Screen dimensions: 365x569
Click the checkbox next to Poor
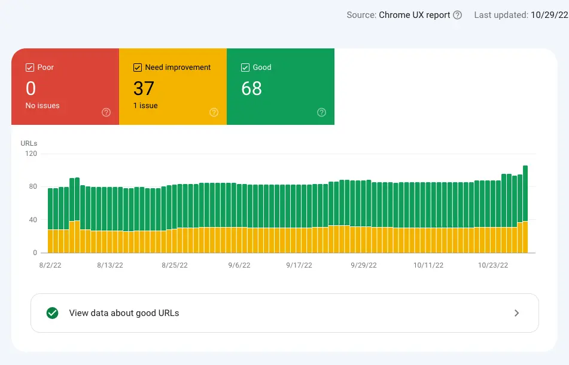tap(30, 68)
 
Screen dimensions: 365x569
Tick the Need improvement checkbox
tap(138, 68)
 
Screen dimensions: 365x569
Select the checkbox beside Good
tap(245, 68)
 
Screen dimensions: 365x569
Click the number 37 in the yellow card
tap(144, 88)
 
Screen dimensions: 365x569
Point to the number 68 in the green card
tap(251, 88)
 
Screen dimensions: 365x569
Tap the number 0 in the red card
tap(31, 88)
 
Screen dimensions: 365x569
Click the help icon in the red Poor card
tap(106, 112)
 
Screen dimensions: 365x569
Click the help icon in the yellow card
tap(214, 112)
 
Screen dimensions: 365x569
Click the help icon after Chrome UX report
tap(458, 15)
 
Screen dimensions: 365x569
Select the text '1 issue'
tap(145, 106)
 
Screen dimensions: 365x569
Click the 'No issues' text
tap(42, 106)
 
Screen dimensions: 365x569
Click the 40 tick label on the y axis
tap(32, 220)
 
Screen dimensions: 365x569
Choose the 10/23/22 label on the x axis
tap(493, 265)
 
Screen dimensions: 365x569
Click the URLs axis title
tap(29, 143)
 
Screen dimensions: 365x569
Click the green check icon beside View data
tap(53, 313)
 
